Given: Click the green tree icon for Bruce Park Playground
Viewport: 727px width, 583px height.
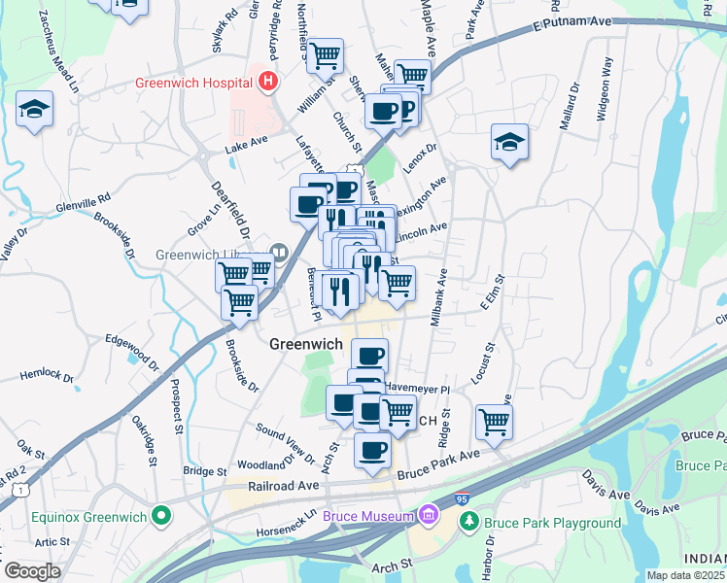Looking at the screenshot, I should pyautogui.click(x=470, y=523).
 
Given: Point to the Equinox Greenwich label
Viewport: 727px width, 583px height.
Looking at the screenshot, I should pyautogui.click(x=93, y=516).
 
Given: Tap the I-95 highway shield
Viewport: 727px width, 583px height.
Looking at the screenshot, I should pyautogui.click(x=461, y=499).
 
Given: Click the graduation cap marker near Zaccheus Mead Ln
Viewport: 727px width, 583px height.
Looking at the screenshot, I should pyautogui.click(x=34, y=109).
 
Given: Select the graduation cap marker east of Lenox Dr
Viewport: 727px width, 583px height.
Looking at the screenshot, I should pyautogui.click(x=509, y=142).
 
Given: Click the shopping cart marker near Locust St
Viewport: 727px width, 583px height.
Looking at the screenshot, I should pyautogui.click(x=495, y=422).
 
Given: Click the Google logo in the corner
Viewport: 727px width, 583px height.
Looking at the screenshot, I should pyautogui.click(x=33, y=570).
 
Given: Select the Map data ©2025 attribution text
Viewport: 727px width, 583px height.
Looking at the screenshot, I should pyautogui.click(x=686, y=575).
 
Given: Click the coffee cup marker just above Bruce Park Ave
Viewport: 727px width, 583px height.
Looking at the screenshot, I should pyautogui.click(x=372, y=449).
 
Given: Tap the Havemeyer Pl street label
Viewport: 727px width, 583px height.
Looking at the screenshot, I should pyautogui.click(x=417, y=387).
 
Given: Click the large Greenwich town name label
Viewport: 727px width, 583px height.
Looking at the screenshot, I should pyautogui.click(x=305, y=344).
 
